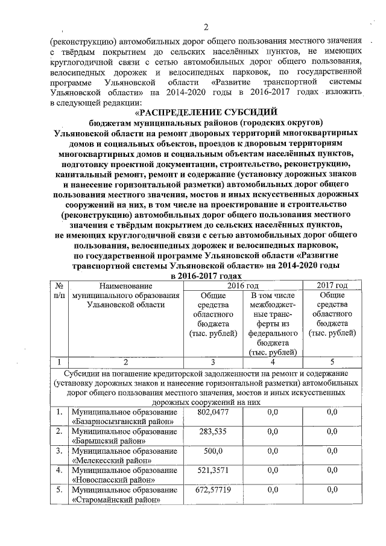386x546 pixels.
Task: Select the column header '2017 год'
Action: [332, 285]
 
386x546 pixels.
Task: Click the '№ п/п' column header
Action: [59, 291]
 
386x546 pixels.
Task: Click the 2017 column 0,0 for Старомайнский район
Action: [332, 490]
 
